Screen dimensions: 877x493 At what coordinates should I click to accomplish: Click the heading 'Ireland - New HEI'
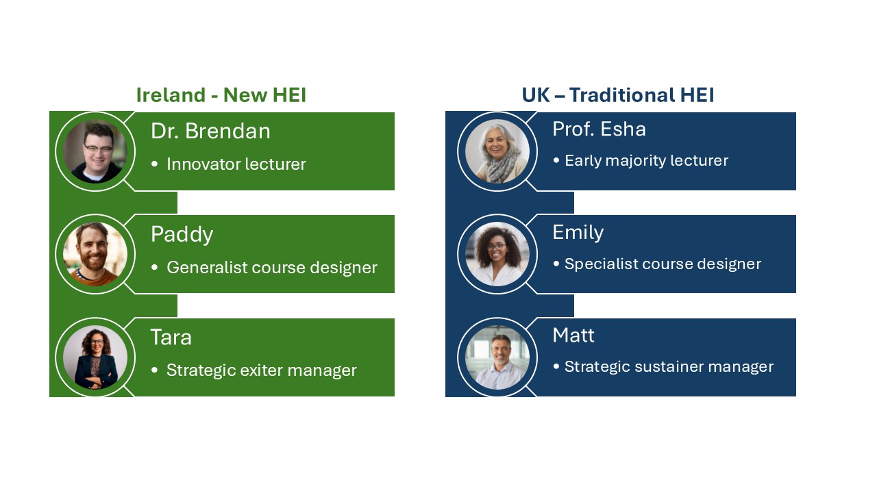221,95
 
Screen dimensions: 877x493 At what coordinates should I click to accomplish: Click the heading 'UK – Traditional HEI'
618,95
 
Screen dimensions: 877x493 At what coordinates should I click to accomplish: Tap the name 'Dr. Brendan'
210,131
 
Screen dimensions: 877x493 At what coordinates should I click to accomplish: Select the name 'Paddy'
182,235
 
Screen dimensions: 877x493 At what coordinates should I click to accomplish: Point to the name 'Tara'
171,338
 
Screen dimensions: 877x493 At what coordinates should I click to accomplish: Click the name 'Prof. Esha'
599,129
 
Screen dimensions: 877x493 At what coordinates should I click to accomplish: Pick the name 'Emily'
578,233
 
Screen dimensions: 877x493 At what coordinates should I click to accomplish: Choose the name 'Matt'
573,336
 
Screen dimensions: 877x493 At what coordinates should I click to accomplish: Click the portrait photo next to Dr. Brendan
95,151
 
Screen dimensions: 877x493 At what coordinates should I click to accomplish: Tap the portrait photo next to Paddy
95,254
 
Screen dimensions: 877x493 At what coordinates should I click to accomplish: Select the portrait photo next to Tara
95,357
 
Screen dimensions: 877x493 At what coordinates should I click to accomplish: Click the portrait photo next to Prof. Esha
497,151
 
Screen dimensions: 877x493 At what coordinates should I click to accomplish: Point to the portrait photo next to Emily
497,254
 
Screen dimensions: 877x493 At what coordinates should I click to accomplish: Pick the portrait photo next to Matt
497,357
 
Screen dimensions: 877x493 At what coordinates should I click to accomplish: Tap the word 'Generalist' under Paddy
207,268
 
